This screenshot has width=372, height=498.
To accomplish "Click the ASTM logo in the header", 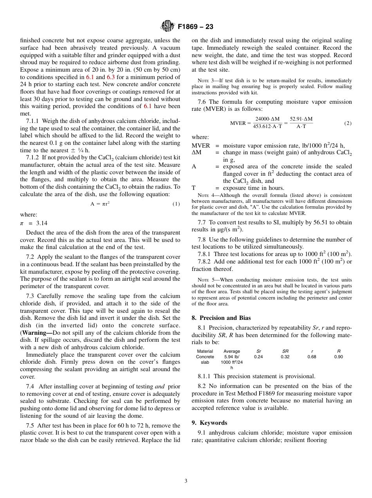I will (168, 26).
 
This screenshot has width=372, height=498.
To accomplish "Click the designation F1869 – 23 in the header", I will (195, 27).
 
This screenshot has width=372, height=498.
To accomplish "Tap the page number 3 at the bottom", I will (186, 481).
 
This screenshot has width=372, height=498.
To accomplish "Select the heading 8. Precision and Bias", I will (221, 318).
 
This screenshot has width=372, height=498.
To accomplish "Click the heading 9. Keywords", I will (209, 423).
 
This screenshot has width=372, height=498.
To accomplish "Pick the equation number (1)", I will (176, 204).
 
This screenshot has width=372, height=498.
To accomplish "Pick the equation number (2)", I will (348, 123).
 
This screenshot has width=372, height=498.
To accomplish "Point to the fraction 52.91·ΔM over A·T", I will (301, 123).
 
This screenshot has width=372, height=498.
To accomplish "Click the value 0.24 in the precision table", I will (258, 357).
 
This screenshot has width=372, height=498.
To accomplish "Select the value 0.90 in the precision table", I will (339, 357).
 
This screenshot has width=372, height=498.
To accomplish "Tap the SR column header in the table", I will (285, 351).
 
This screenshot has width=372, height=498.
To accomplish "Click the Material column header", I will (205, 351).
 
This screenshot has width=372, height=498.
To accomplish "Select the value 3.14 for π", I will (42, 223).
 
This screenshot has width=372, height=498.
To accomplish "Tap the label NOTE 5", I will (204, 280).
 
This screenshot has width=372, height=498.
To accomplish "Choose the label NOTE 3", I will (204, 81).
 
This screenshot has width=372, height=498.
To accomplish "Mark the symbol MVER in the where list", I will (200, 146).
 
